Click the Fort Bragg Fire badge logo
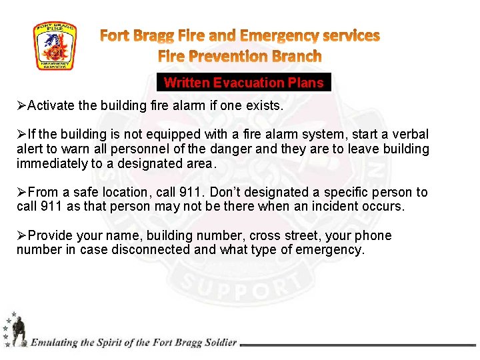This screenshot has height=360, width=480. pyautogui.click(x=55, y=46)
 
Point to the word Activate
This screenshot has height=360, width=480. pyautogui.click(x=52, y=106)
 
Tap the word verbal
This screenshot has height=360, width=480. pyautogui.click(x=408, y=135)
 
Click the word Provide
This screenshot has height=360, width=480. pyautogui.click(x=51, y=236)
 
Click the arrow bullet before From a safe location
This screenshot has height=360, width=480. pyautogui.click(x=22, y=193)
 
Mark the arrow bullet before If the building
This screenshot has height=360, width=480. pyautogui.click(x=22, y=135)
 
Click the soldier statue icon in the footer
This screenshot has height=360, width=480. pyautogui.click(x=18, y=331)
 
